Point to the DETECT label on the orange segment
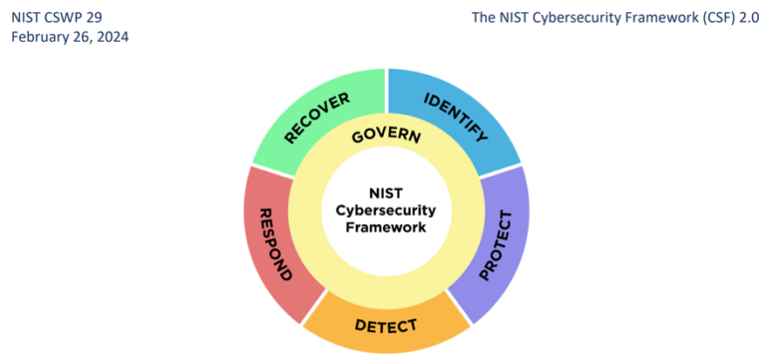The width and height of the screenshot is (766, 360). (x=385, y=326)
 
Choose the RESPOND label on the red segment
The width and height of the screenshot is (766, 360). (x=273, y=243)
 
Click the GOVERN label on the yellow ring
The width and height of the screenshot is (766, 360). (x=386, y=137)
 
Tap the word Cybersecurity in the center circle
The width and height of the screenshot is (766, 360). (x=386, y=210)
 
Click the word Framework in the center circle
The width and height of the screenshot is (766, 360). (x=386, y=226)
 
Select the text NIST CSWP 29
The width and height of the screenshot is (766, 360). (x=56, y=16)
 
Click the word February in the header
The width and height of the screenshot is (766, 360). (x=41, y=36)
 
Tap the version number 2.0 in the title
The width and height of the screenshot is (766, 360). (x=748, y=16)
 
